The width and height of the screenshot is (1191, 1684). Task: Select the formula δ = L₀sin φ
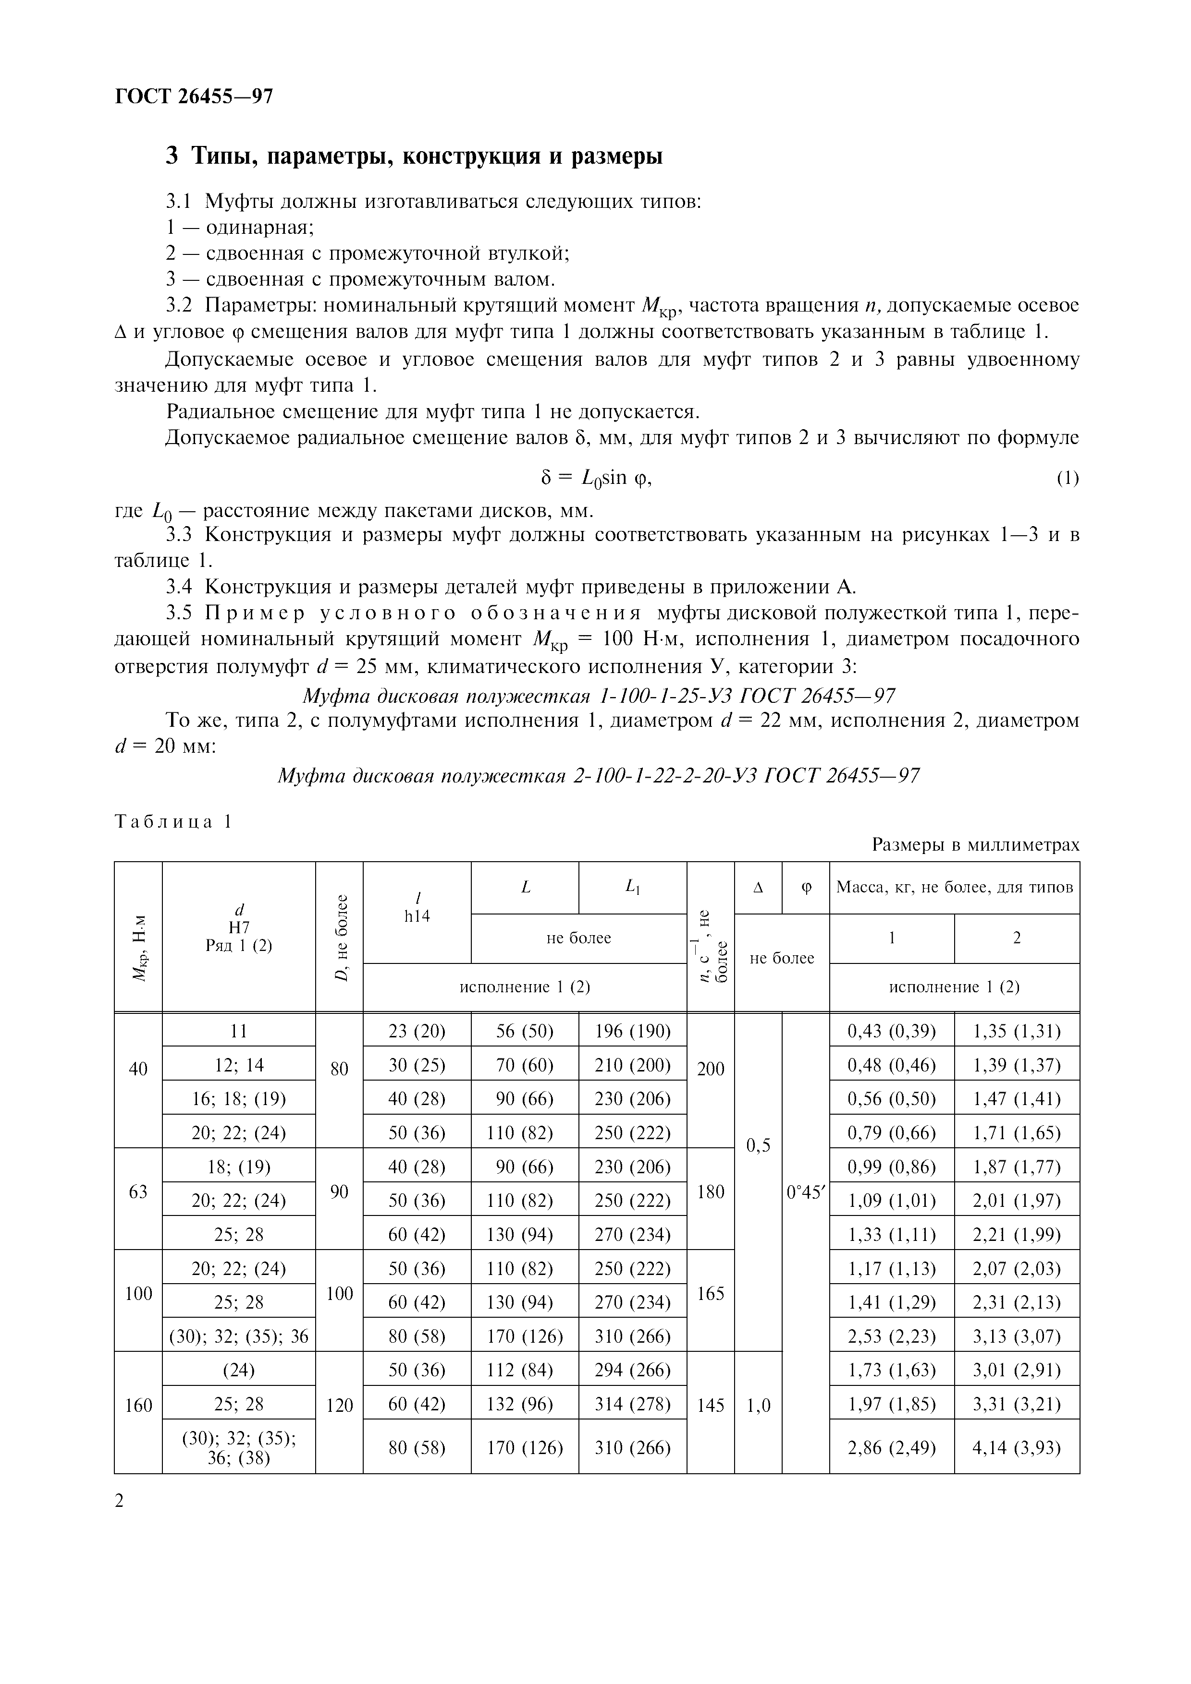[595, 478]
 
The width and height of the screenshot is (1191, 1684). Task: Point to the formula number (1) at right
[1067, 479]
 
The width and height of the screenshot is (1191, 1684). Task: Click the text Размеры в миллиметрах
[975, 845]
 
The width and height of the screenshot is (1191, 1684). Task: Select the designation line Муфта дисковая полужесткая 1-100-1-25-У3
[598, 695]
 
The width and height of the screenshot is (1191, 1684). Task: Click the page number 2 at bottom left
[120, 1501]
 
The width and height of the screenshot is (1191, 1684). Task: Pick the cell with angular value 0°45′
[805, 1192]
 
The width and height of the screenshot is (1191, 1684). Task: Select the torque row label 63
[138, 1192]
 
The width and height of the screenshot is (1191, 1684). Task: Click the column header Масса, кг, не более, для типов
[954, 888]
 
